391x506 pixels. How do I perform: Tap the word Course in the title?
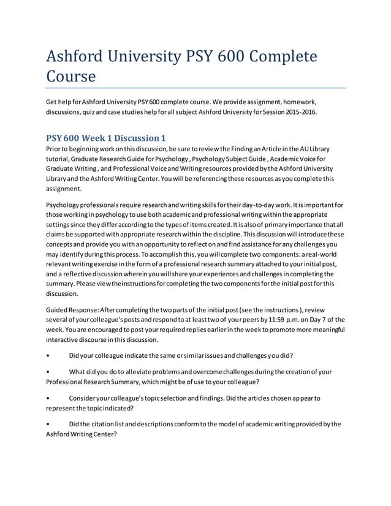tap(71, 77)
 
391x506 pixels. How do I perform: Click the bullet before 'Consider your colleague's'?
tap(48, 398)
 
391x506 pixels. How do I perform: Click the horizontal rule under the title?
tap(196, 88)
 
